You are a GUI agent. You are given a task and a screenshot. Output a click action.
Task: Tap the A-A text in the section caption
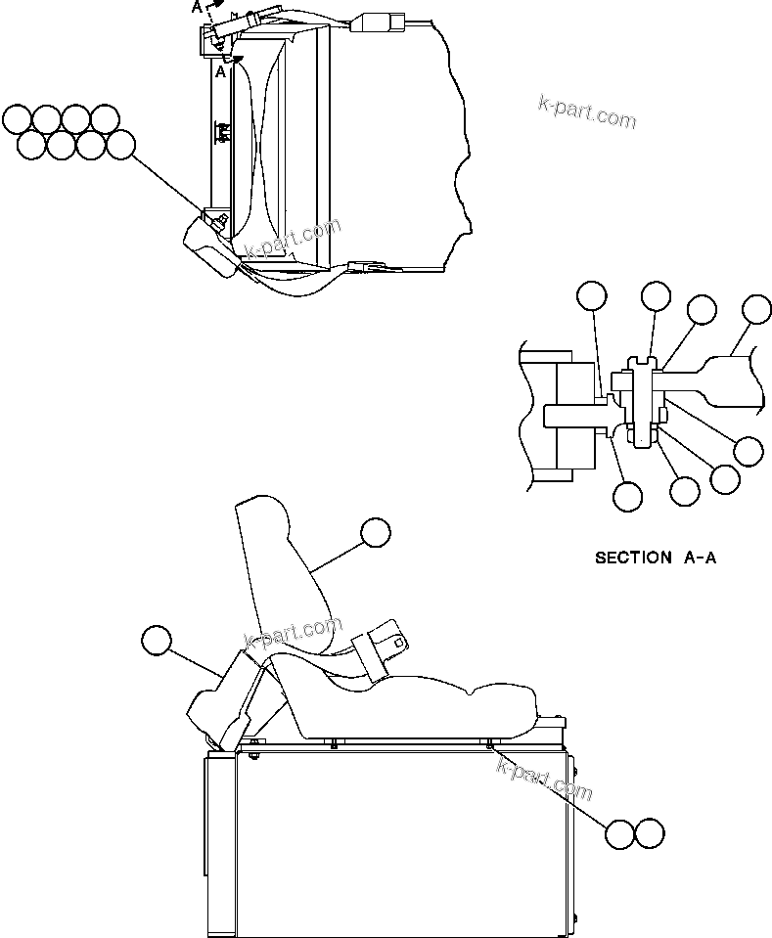click(x=696, y=558)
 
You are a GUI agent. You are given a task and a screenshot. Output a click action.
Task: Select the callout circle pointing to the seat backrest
click(x=375, y=533)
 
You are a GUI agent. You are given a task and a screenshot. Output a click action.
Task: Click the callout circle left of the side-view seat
click(x=156, y=641)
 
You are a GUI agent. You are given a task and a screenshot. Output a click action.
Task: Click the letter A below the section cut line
click(x=221, y=71)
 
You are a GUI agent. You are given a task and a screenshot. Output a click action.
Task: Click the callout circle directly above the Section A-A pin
click(x=655, y=297)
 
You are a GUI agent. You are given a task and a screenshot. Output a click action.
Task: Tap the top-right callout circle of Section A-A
click(x=756, y=309)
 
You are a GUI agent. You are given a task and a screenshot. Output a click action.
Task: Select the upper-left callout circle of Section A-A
click(x=591, y=296)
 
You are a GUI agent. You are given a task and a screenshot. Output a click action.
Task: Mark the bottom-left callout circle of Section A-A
click(x=627, y=495)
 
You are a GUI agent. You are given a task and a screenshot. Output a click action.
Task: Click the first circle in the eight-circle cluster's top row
click(x=17, y=119)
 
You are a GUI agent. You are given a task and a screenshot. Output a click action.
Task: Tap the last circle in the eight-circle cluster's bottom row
click(x=120, y=145)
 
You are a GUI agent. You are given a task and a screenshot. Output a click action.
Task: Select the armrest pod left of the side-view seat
click(x=220, y=699)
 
